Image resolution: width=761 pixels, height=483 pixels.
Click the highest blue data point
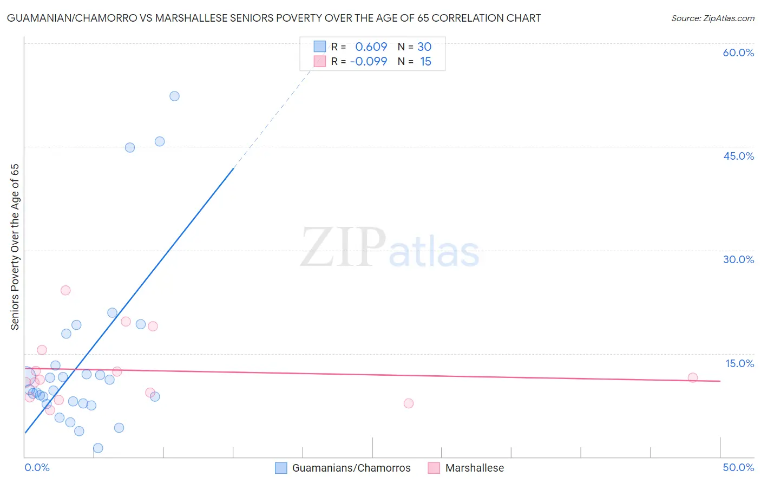pos(174,96)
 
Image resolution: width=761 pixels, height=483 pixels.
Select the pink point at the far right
pos(693,378)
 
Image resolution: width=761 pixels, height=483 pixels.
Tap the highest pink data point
pos(65,290)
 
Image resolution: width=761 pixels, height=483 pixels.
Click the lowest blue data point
pos(98,448)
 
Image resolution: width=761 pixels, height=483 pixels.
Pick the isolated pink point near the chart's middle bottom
pos(409,403)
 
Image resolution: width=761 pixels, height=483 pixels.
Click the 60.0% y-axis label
pos(738,53)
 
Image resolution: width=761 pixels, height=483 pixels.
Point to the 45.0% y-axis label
pos(738,156)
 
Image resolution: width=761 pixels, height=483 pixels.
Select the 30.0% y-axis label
pos(738,260)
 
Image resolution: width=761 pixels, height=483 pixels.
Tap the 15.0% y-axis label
pos(739,363)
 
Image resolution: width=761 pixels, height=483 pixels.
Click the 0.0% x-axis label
pos(37,468)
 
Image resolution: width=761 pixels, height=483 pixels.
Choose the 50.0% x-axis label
pos(738,468)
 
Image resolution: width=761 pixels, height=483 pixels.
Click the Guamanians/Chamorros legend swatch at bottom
pos(281,468)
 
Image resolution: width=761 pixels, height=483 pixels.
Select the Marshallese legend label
pos(475,468)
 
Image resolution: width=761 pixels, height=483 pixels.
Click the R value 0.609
pos(371,47)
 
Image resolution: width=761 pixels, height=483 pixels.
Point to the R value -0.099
pos(369,62)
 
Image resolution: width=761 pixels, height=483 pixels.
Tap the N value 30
pos(424,47)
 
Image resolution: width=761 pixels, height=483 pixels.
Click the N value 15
pos(425,62)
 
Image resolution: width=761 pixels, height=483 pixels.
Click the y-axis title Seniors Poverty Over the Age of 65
pos(15,247)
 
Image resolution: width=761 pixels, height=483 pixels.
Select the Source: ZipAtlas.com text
pos(712,18)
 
